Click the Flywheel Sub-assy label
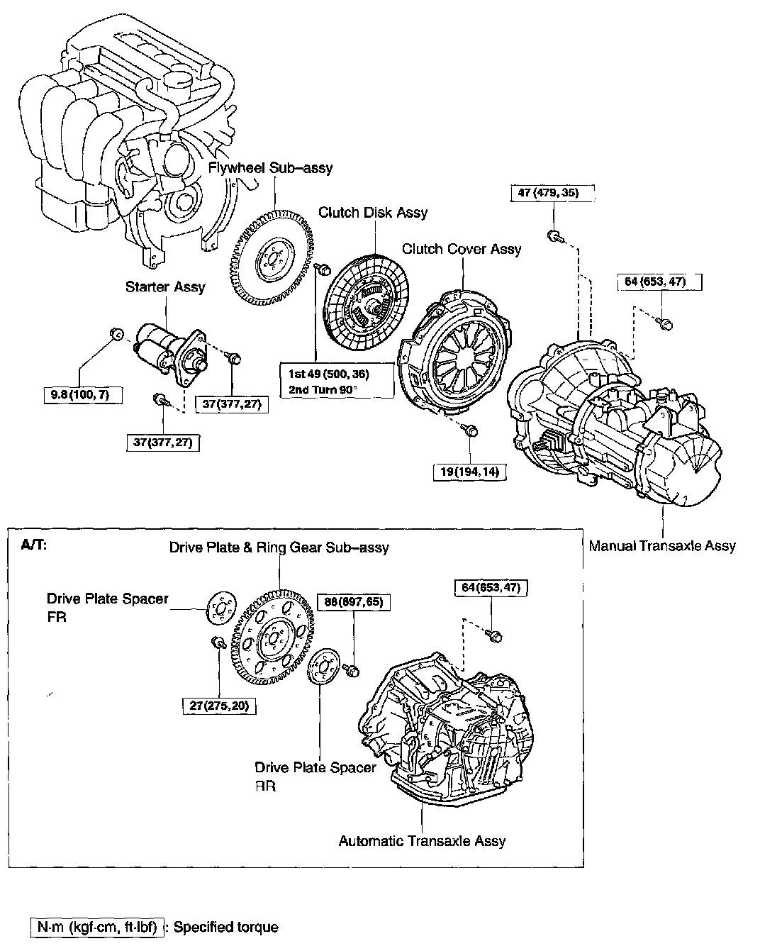pyautogui.click(x=270, y=168)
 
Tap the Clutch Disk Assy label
pyautogui.click(x=373, y=212)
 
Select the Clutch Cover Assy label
pyautogui.click(x=462, y=249)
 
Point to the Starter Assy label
pyautogui.click(x=165, y=286)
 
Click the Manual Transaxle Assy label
pyautogui.click(x=662, y=545)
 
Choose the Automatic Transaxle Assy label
pyautogui.click(x=422, y=841)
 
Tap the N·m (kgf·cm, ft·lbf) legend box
pyautogui.click(x=98, y=927)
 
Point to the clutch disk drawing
pyautogui.click(x=366, y=306)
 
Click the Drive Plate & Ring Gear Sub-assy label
pyautogui.click(x=279, y=547)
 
